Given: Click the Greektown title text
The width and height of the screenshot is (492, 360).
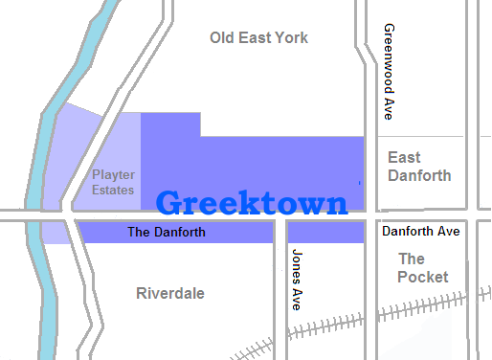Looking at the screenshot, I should click(251, 204).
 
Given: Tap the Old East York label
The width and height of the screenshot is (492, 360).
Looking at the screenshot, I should click(258, 38).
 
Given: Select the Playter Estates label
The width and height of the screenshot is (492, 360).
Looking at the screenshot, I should click(113, 182).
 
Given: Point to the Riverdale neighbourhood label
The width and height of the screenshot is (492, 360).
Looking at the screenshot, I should click(170, 293).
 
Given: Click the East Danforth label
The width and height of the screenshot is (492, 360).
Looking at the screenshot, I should click(419, 167).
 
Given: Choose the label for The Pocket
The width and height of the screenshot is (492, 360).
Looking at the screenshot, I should click(422, 268).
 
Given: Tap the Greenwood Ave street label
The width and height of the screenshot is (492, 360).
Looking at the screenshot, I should click(388, 71).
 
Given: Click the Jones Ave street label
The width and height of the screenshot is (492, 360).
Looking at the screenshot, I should click(297, 279).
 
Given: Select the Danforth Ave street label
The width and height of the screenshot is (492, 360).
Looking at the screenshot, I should click(421, 232).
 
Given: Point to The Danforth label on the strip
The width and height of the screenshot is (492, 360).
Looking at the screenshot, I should click(166, 233).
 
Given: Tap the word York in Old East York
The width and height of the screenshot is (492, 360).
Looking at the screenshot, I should click(290, 38).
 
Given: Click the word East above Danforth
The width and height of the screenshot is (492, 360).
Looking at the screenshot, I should click(405, 157).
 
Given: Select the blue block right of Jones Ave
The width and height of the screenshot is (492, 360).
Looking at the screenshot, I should click(325, 233).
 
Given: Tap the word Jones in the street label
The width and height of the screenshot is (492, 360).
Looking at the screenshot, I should click(297, 263).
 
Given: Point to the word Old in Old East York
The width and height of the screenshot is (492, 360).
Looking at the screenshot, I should click(223, 38).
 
